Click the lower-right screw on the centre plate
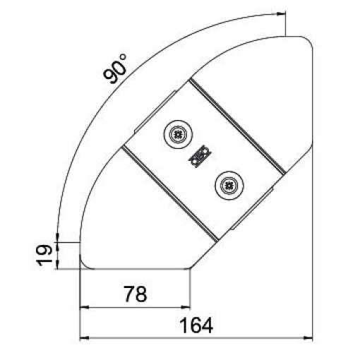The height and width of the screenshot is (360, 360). point(227,186)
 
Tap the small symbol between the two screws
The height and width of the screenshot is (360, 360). point(200,157)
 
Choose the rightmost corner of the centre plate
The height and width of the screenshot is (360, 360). point(286,172)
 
